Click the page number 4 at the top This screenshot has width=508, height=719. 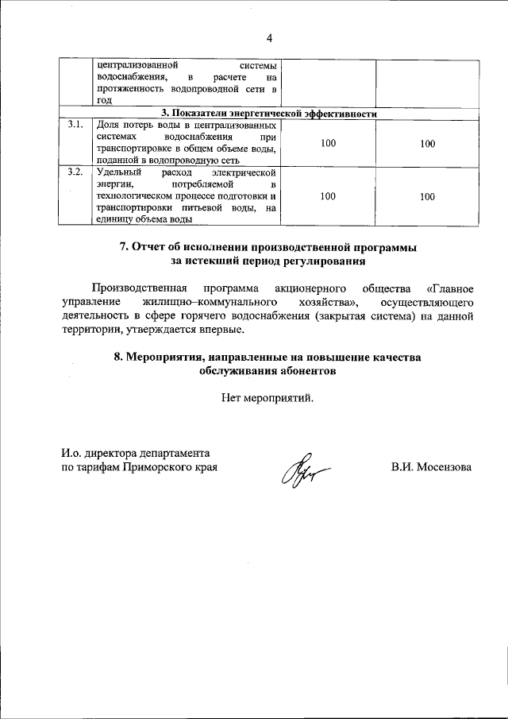coord(269,37)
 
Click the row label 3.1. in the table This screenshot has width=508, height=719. coord(75,126)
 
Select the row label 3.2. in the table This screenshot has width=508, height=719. coord(75,172)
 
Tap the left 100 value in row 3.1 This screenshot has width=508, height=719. coord(328,143)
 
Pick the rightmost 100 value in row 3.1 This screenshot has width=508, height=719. coord(427,143)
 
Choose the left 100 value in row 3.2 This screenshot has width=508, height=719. coord(328,195)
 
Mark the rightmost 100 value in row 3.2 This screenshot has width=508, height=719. coord(427,195)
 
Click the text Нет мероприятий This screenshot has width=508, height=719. coord(268,398)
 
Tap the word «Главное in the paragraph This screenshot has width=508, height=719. coord(450,288)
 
